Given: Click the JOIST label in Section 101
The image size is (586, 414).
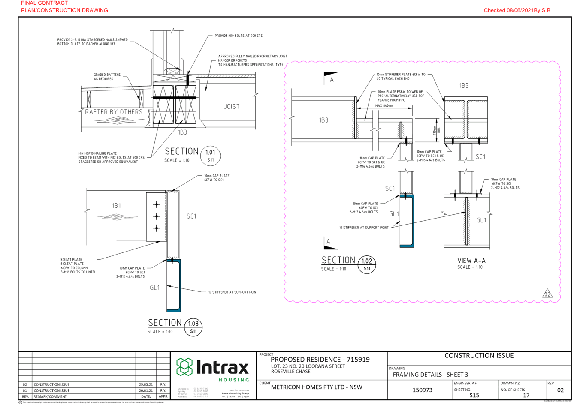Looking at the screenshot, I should point(232,106).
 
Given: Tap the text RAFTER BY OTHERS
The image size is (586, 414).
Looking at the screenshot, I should point(113,112).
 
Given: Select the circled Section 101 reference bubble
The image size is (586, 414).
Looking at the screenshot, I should point(211,156).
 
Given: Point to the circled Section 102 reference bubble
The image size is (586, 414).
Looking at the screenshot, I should point(367,264).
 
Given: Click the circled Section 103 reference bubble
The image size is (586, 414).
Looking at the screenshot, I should point(193,327).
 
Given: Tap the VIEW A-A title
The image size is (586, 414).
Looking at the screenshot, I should point(471,261).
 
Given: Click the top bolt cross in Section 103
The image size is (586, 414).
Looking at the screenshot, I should point(157,204).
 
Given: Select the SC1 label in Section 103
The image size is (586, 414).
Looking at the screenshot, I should point(191,216).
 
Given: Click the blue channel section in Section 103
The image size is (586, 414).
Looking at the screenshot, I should point(174,285).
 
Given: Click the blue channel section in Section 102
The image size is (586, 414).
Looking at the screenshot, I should point(407,221).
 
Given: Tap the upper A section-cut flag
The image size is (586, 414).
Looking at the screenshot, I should point(330,78).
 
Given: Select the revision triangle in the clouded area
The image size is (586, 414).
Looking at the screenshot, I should point(547,294).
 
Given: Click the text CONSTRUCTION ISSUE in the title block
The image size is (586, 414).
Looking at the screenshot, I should point(479,356).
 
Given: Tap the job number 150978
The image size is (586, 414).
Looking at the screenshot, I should point(422,390).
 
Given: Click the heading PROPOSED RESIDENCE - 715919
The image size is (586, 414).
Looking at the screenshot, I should point(320,360).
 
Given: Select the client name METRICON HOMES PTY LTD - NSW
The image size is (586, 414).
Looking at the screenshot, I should point(317,387).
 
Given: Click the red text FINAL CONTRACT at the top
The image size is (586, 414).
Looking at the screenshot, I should point(45,3).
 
